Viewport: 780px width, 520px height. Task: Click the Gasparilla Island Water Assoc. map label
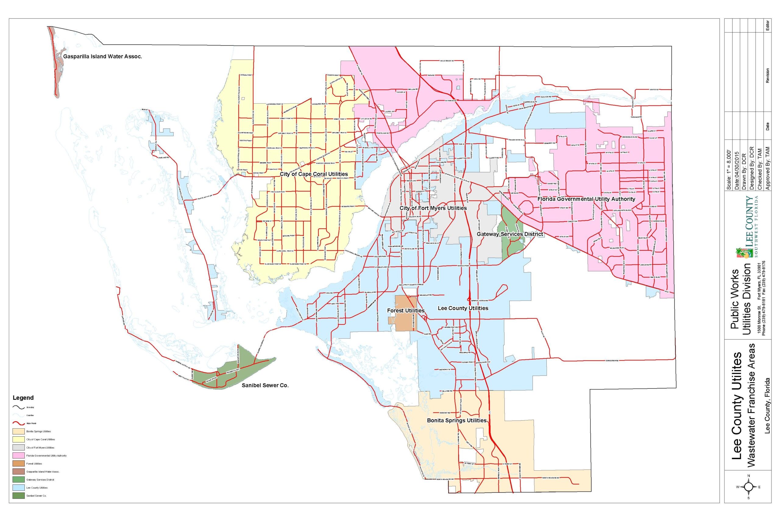tap(102, 57)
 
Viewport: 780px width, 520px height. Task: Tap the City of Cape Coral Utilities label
tap(314, 174)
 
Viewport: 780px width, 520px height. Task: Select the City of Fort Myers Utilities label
tap(433, 208)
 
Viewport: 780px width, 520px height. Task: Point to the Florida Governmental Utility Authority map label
tap(586, 199)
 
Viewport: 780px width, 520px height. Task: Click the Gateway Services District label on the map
tap(510, 234)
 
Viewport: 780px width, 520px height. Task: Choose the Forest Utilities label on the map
tap(406, 311)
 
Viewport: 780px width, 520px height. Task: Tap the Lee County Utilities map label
tap(463, 308)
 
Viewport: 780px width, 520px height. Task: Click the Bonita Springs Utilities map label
tap(456, 420)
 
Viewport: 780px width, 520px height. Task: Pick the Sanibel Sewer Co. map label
tap(265, 386)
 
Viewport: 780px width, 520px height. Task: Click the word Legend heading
tap(23, 398)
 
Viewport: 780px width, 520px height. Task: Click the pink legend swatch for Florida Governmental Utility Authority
tap(19, 456)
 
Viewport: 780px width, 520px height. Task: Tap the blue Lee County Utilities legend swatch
tap(19, 488)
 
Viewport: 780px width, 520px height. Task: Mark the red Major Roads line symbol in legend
tap(19, 423)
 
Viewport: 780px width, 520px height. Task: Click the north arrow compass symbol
tap(749, 487)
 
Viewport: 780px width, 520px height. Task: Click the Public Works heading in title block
tap(735, 299)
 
